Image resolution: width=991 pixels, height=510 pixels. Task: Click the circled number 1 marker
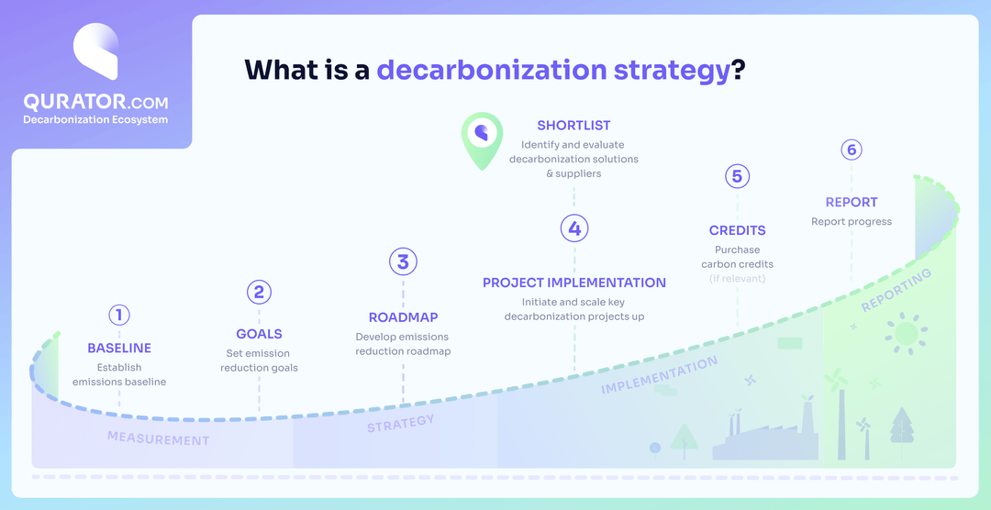[x=118, y=315]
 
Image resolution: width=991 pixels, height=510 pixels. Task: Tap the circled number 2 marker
[x=259, y=292]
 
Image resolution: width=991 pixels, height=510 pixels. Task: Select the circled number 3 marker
[x=403, y=261]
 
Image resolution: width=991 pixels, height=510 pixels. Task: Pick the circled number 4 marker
[x=574, y=228]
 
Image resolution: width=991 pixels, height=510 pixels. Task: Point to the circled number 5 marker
[x=737, y=176]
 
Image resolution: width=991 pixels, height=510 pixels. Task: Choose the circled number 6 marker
[x=852, y=150]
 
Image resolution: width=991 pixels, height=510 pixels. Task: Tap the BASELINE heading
[x=119, y=349]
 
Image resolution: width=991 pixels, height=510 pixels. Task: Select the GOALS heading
[x=259, y=334]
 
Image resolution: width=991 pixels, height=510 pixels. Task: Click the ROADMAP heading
[x=403, y=317]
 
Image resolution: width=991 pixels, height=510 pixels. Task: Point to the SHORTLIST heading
[x=573, y=126]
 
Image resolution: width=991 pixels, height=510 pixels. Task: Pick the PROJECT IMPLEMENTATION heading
[x=574, y=283]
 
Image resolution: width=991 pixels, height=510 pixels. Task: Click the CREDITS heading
[x=737, y=230]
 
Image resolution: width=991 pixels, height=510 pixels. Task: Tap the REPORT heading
[x=852, y=202]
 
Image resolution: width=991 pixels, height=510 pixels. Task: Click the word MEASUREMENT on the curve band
[x=158, y=438]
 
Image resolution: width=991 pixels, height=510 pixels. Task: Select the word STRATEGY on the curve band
[x=401, y=424]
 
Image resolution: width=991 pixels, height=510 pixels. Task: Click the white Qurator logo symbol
[x=95, y=53]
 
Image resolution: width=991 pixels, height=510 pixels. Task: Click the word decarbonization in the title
[x=491, y=71]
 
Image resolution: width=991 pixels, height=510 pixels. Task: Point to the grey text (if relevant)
[x=737, y=278]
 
